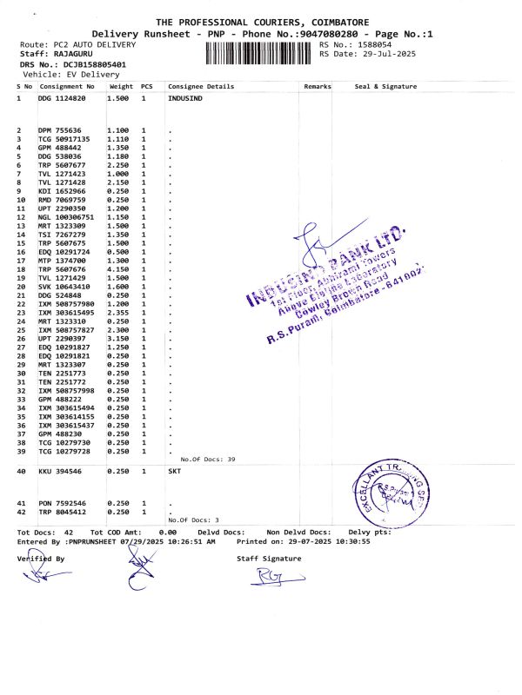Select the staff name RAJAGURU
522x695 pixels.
click(x=67, y=54)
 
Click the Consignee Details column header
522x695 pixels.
click(x=201, y=87)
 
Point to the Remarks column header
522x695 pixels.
click(x=318, y=87)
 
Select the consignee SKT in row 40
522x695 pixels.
click(x=174, y=470)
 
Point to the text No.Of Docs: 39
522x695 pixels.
click(x=208, y=458)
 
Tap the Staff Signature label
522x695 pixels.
click(x=269, y=559)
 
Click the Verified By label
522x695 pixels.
click(x=41, y=559)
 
